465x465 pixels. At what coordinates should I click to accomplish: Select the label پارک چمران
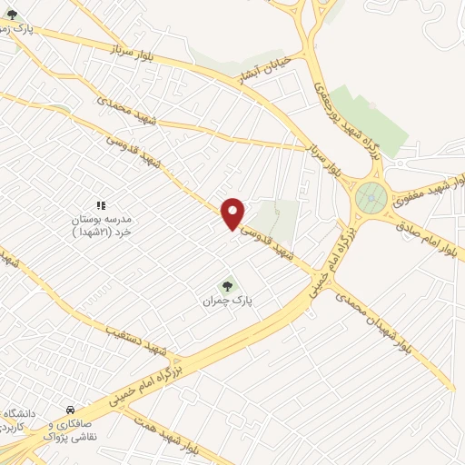[226, 298]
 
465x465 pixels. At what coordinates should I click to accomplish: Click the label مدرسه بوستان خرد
[102, 225]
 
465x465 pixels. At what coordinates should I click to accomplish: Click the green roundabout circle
[371, 195]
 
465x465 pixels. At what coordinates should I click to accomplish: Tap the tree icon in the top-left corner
[12, 15]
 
